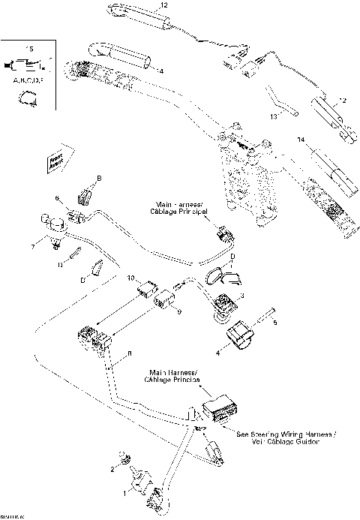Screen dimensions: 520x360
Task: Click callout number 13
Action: pyautogui.click(x=274, y=117)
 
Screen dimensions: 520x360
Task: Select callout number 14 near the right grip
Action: pyautogui.click(x=301, y=140)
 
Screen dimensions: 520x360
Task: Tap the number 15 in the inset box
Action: pyautogui.click(x=30, y=49)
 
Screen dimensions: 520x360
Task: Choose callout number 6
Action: pyautogui.click(x=56, y=198)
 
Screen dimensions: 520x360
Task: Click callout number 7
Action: pyautogui.click(x=32, y=246)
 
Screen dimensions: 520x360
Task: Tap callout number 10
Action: pyautogui.click(x=130, y=278)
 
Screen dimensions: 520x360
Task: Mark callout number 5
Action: pyautogui.click(x=274, y=323)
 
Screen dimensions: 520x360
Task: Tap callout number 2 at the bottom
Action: pyautogui.click(x=112, y=469)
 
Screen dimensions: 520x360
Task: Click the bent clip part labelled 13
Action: pyautogui.click(x=283, y=102)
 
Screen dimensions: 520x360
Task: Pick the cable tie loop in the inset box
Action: pyautogui.click(x=27, y=95)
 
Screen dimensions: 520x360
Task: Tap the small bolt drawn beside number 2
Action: pyautogui.click(x=125, y=458)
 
